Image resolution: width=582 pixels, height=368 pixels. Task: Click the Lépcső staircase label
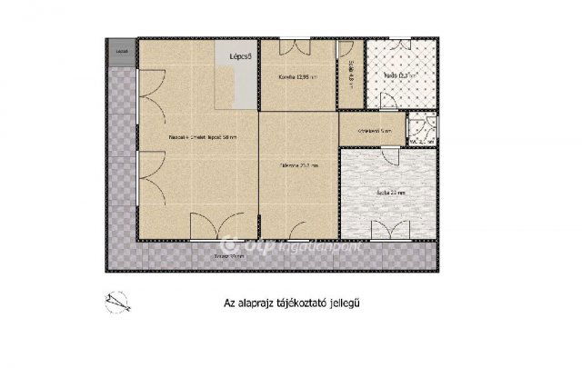pyautogui.click(x=240, y=56)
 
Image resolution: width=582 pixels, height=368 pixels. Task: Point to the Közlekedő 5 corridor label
pyautogui.click(x=374, y=131)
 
